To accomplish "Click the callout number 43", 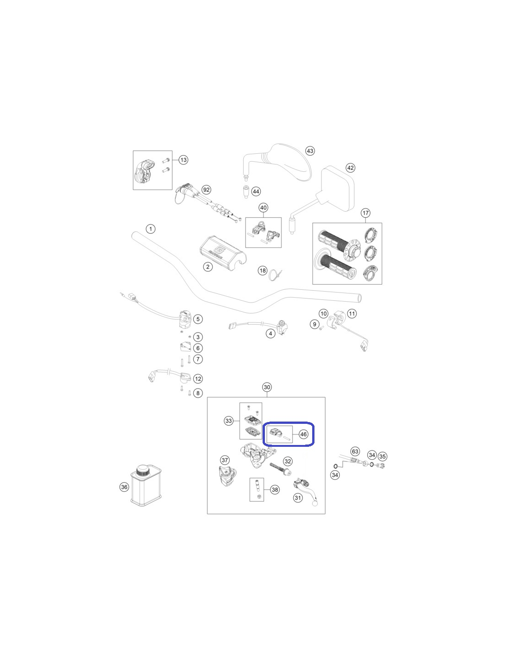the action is click(x=310, y=151).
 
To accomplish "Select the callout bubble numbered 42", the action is click(x=350, y=168).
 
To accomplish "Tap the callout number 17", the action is click(x=365, y=213).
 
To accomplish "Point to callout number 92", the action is click(x=206, y=190).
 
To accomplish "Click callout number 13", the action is click(x=183, y=160).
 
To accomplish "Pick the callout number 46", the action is click(x=303, y=434).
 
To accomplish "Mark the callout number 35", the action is click(x=382, y=456).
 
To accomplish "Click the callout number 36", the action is click(x=124, y=487).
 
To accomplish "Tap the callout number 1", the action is click(x=151, y=229).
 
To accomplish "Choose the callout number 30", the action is click(x=267, y=388).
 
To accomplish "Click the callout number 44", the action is click(x=256, y=191).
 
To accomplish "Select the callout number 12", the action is click(x=198, y=379).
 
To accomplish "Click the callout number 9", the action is click(x=314, y=324).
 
